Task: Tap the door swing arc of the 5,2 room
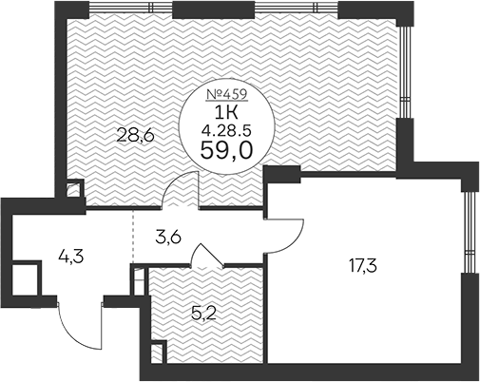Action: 207,254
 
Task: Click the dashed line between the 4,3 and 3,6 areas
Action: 132,235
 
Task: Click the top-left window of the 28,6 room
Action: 128,12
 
